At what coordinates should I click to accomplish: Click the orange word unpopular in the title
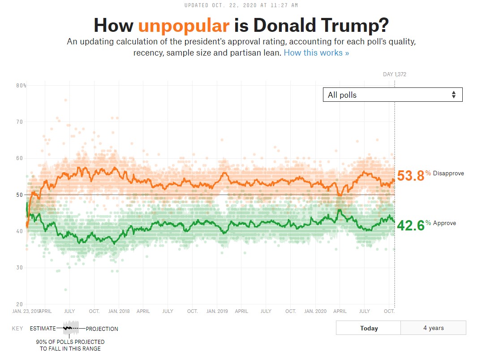point(184,26)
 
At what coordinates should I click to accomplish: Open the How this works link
point(316,53)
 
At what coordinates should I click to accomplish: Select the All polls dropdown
point(392,95)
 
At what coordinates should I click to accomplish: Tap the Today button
point(369,328)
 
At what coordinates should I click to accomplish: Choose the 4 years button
point(434,328)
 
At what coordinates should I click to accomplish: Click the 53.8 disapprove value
point(410,175)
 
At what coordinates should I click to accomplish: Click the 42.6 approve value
point(410,225)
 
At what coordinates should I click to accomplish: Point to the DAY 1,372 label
point(394,74)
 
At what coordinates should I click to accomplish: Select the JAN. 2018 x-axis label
point(119,311)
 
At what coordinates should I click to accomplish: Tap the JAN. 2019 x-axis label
point(217,311)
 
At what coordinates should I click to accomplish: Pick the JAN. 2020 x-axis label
point(315,311)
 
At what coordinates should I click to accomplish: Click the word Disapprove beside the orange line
point(448,173)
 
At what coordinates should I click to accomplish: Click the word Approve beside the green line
point(444,223)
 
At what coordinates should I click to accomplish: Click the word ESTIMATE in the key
point(43,329)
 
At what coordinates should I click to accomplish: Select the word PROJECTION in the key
point(102,329)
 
